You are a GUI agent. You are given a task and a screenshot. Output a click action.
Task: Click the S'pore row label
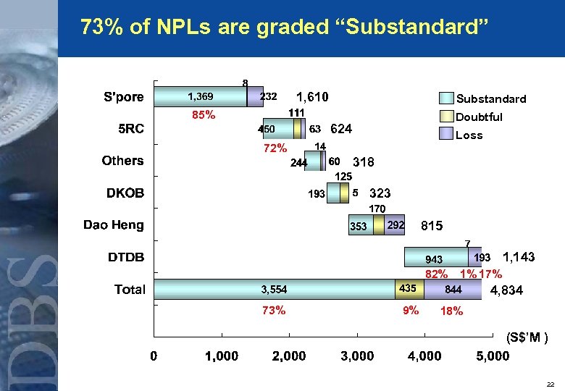pyautogui.click(x=124, y=97)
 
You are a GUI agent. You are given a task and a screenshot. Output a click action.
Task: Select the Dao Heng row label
pyautogui.click(x=114, y=224)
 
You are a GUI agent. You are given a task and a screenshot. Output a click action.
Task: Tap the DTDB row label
pyautogui.click(x=126, y=257)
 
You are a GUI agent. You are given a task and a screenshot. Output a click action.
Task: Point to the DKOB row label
pyautogui.click(x=126, y=193)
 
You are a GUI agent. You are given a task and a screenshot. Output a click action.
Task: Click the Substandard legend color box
pyautogui.click(x=445, y=99)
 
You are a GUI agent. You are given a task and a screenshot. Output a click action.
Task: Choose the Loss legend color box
pyautogui.click(x=445, y=135)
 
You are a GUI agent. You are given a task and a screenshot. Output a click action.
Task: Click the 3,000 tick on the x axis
pyautogui.click(x=357, y=356)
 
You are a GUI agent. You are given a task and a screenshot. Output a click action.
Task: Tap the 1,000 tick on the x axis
pyautogui.click(x=222, y=356)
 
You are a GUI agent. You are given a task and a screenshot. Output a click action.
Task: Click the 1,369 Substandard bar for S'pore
pyautogui.click(x=201, y=96)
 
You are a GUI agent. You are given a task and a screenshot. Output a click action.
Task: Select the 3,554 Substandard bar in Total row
pyautogui.click(x=275, y=290)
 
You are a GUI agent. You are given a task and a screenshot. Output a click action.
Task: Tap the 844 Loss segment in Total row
pyautogui.click(x=453, y=290)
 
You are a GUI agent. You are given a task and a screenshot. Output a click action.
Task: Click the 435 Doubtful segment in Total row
pyautogui.click(x=408, y=289)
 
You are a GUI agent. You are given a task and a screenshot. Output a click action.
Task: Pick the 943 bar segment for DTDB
pyautogui.click(x=434, y=258)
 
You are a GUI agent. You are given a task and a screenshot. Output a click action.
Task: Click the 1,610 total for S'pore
pyautogui.click(x=313, y=97)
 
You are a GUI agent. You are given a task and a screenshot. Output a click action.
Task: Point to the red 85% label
pyautogui.click(x=203, y=114)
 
